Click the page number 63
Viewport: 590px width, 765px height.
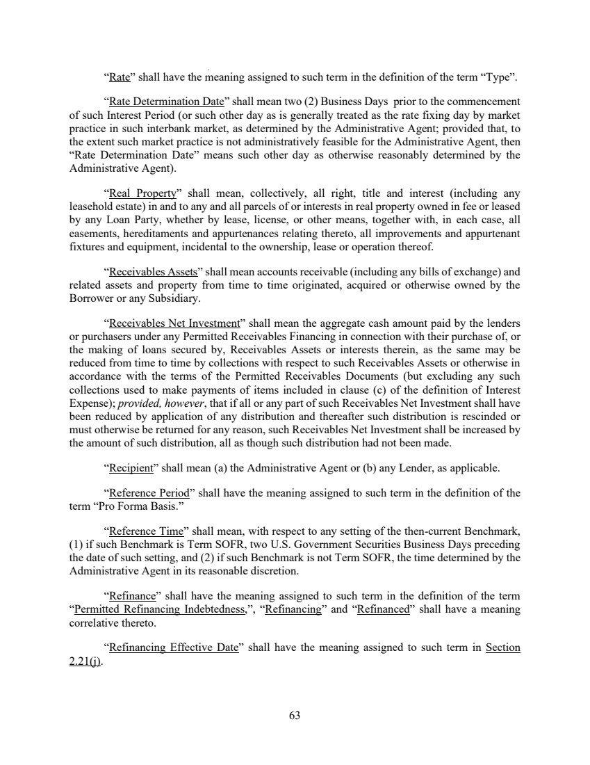[294, 714]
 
